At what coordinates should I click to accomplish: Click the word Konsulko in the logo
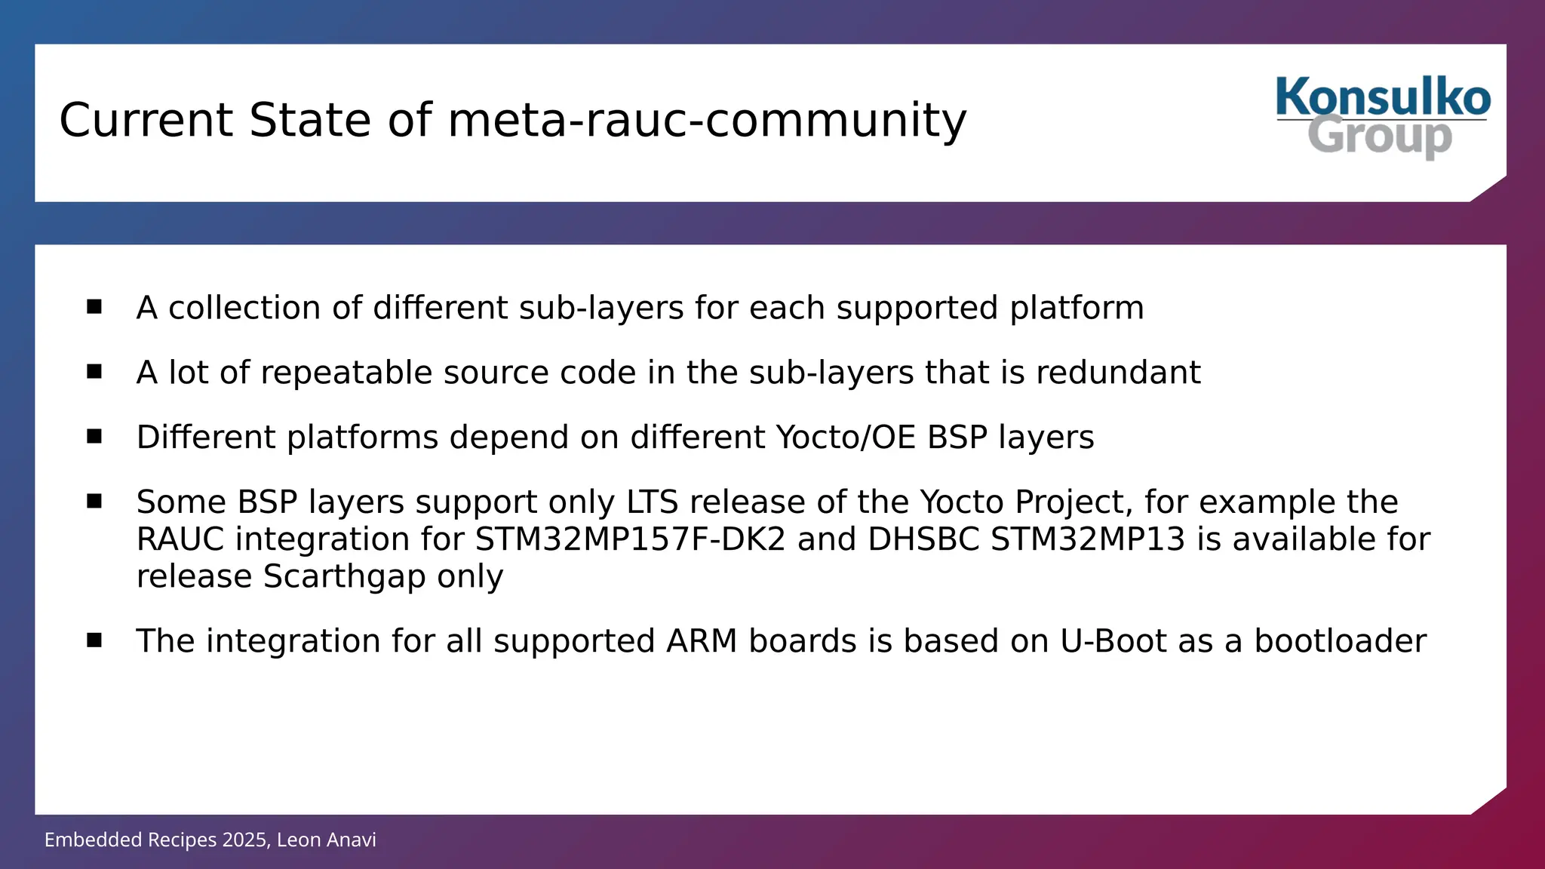pyautogui.click(x=1383, y=97)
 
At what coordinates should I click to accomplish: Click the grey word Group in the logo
pyautogui.click(x=1380, y=137)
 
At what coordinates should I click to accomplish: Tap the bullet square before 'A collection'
pyautogui.click(x=94, y=306)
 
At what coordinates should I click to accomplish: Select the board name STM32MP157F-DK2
pyautogui.click(x=630, y=539)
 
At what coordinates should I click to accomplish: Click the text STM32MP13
pyautogui.click(x=1088, y=539)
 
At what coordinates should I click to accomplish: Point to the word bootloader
pyautogui.click(x=1340, y=641)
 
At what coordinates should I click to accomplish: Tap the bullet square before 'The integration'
pyautogui.click(x=94, y=640)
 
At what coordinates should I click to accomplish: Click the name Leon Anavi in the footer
pyautogui.click(x=326, y=840)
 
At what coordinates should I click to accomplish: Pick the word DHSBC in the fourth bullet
pyautogui.click(x=923, y=539)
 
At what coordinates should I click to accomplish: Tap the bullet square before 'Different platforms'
pyautogui.click(x=94, y=436)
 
